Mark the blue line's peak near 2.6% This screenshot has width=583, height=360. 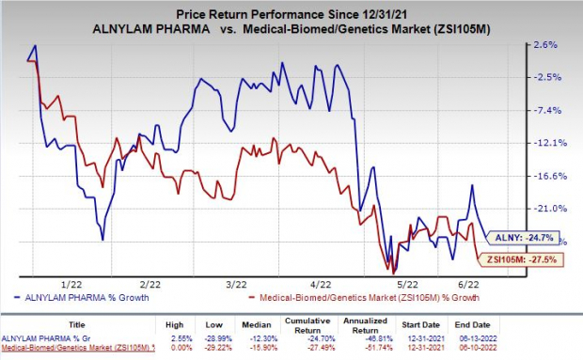pos(35,45)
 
